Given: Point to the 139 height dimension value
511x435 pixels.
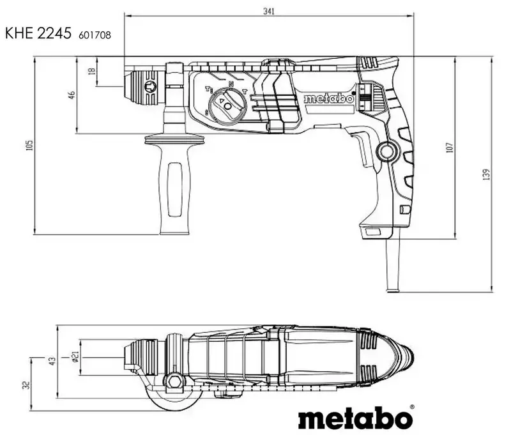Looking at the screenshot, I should [x=487, y=174].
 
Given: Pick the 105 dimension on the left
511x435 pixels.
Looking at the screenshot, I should [x=29, y=146].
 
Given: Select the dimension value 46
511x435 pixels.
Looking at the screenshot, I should [x=72, y=95].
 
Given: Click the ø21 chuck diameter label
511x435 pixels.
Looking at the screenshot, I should [x=75, y=358].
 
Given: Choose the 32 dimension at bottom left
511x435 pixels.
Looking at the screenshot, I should [x=25, y=385].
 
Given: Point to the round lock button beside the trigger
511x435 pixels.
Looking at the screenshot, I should [x=385, y=152].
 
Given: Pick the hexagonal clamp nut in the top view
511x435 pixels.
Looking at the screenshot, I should [x=173, y=383].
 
